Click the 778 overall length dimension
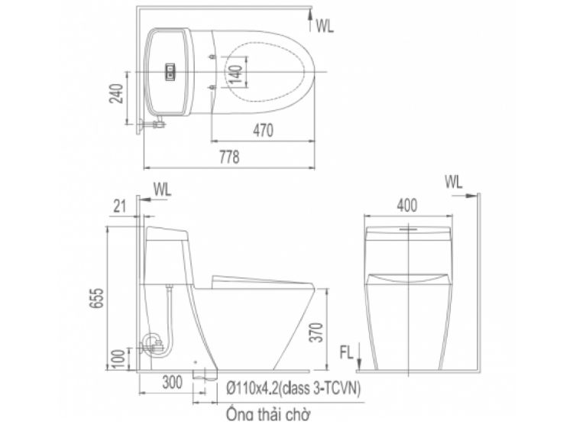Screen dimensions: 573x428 [x=229, y=157]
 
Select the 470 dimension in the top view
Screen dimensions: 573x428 [x=263, y=131]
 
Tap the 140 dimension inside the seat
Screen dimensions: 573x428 [x=237, y=73]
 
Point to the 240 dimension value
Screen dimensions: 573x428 [x=118, y=93]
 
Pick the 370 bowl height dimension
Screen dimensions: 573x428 [x=316, y=332]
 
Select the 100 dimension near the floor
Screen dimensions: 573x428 [x=118, y=360]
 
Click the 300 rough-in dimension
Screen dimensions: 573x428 [x=172, y=382]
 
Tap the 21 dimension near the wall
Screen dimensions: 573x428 [x=119, y=206]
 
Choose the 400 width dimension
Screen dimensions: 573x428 [x=406, y=206]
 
